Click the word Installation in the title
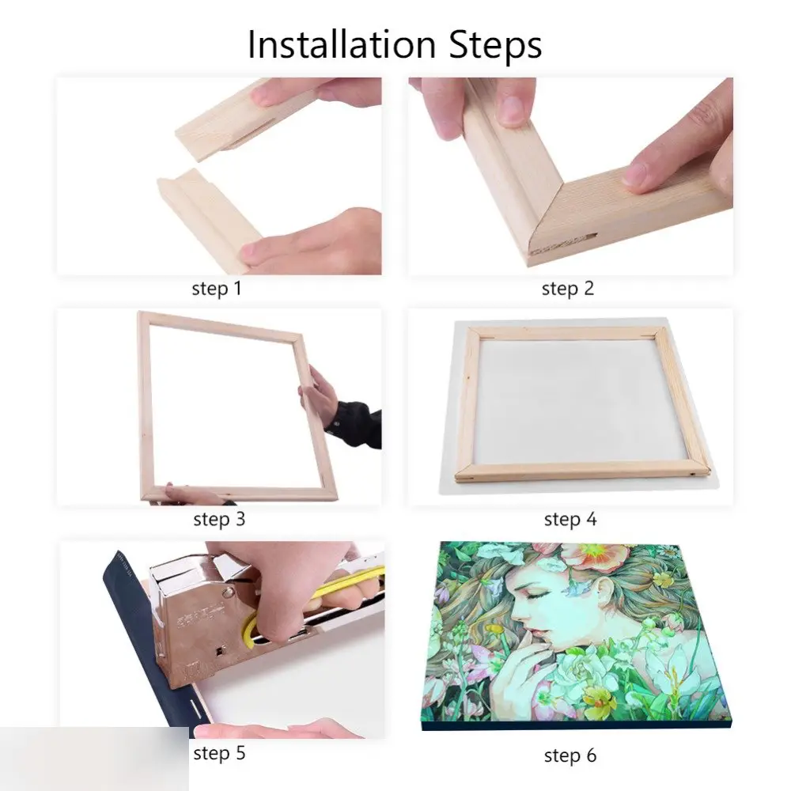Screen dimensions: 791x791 point(342,44)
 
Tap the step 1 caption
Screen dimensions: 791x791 point(217,289)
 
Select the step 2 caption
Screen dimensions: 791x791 point(567,289)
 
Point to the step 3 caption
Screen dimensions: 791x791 point(219,519)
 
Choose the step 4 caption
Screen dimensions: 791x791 point(570,519)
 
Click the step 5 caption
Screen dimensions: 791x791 point(219,753)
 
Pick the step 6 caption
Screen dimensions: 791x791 point(570,755)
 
